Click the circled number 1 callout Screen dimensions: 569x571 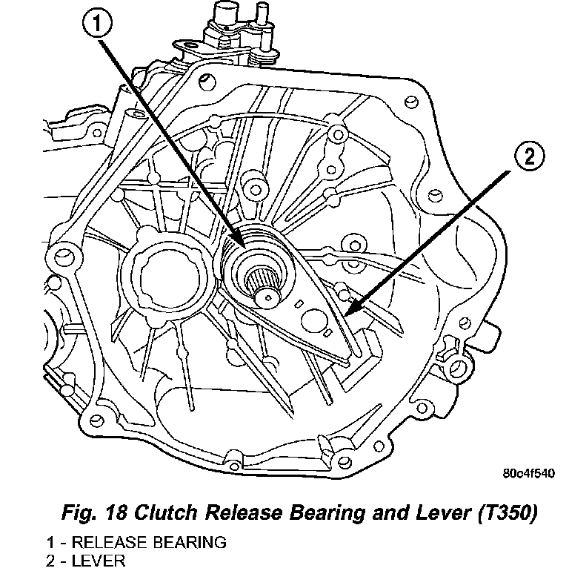tap(97, 24)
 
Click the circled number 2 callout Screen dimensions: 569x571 tap(529, 157)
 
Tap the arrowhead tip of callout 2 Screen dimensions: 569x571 tap(345, 315)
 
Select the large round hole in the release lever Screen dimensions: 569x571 tap(313, 321)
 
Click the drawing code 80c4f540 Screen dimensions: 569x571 tap(529, 473)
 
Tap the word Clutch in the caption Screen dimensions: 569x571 tap(170, 512)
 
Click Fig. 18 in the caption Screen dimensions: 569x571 tap(95, 513)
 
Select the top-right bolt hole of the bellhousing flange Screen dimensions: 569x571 tap(411, 102)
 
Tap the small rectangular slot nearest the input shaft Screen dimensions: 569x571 tap(300, 303)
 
